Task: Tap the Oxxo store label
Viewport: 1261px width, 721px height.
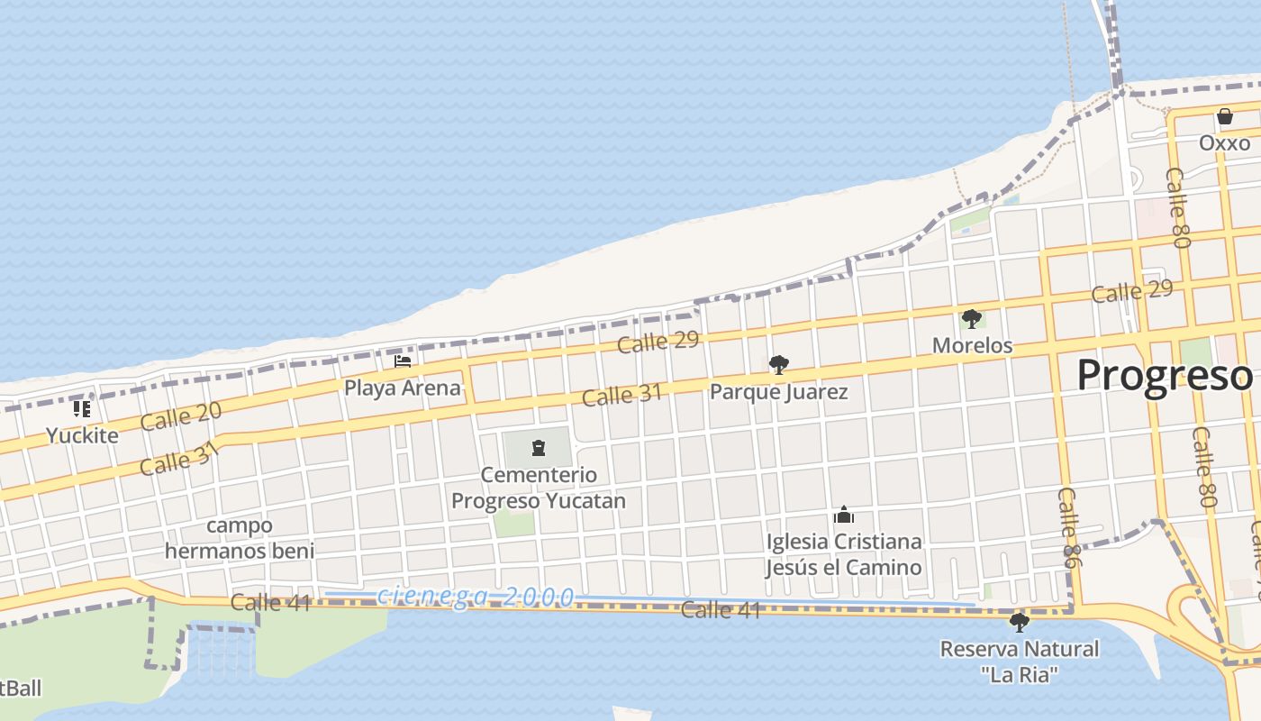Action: click(1224, 143)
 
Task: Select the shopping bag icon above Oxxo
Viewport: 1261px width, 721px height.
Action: click(1224, 116)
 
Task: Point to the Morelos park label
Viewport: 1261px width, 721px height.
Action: click(972, 345)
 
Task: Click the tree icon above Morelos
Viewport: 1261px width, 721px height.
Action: click(971, 318)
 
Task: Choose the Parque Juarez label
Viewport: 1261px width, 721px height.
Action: click(778, 392)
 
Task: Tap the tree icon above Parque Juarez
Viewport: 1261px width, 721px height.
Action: click(778, 365)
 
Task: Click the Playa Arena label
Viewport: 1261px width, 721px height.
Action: click(403, 388)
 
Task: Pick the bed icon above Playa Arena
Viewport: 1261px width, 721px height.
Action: click(403, 361)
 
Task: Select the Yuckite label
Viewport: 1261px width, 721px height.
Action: click(82, 436)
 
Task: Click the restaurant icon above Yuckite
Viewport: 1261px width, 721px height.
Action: click(82, 409)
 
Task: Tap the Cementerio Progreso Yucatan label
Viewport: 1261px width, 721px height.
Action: click(539, 488)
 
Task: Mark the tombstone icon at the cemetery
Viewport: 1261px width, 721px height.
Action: click(539, 448)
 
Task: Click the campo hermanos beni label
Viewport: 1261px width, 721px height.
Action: click(240, 538)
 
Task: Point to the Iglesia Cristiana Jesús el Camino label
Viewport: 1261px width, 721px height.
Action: click(844, 554)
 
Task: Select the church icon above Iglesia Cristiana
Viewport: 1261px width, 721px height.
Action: click(844, 515)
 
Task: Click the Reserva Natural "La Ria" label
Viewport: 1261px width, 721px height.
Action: click(1020, 662)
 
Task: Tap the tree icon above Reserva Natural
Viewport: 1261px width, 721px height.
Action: click(1020, 622)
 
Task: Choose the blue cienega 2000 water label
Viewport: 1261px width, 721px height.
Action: click(476, 596)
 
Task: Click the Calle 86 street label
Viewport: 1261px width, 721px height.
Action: click(1068, 528)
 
